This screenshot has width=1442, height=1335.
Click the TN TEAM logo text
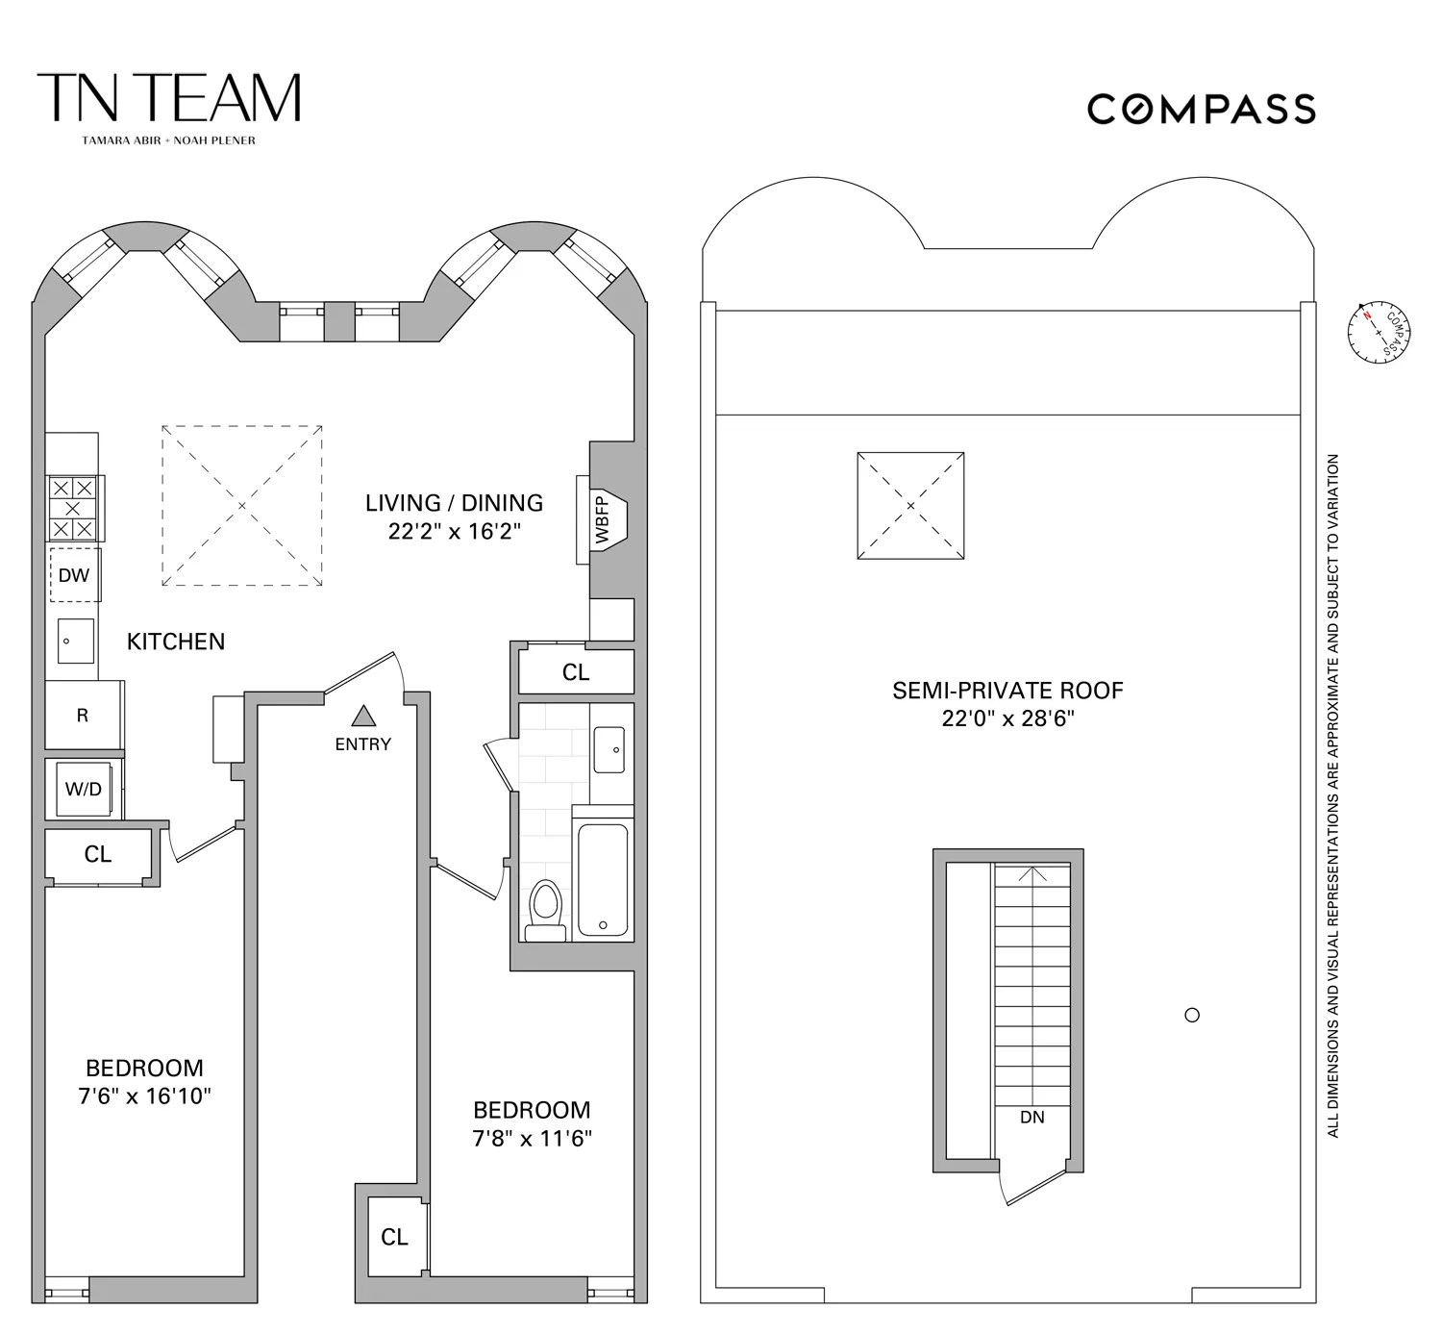pos(168,98)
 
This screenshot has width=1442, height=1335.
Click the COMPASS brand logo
pos(1201,109)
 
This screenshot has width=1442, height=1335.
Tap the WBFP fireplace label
pos(603,520)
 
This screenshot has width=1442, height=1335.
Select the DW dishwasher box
pos(74,575)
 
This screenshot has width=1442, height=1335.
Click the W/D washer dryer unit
pos(84,789)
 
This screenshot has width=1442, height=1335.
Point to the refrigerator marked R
pos(83,715)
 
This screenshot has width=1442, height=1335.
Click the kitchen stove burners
pos(73,508)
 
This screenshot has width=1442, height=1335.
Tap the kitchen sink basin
pos(75,641)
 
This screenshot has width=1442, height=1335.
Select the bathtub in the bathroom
pos(603,878)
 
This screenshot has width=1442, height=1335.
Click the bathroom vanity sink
pos(609,749)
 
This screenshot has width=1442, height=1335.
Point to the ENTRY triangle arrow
pos(362,716)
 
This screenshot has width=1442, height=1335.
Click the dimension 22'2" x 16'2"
pos(454,531)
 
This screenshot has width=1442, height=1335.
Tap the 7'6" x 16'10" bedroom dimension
pos(144,1096)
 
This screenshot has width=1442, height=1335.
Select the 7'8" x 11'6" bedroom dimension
pos(532,1138)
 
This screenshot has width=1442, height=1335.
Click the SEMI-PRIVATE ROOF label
pos(1007,690)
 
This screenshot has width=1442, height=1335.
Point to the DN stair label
pos(1032,1117)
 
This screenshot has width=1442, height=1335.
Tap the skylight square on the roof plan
pos(910,505)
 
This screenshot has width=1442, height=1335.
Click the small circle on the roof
pos(1192,1015)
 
